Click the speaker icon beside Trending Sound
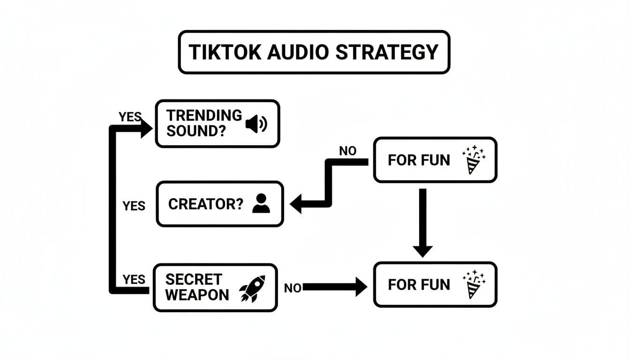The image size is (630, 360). [x=256, y=124]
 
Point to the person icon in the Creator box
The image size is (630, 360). [x=261, y=204]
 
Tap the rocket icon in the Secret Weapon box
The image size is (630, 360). [x=252, y=288]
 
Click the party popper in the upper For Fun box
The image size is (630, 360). [x=473, y=160]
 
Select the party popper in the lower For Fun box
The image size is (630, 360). [x=473, y=285]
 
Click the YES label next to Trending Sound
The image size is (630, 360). [x=130, y=117]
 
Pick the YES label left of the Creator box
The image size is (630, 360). [x=134, y=206]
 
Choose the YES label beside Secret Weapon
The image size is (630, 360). [x=134, y=279]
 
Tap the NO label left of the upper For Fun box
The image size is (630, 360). [x=347, y=151]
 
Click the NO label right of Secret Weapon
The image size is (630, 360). [x=292, y=288]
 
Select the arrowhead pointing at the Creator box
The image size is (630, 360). [x=297, y=205]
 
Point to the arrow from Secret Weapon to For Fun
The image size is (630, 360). [x=335, y=287]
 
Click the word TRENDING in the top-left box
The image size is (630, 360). [x=204, y=115]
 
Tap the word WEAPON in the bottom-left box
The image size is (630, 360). [x=197, y=295]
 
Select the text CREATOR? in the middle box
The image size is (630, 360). [x=206, y=204]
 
